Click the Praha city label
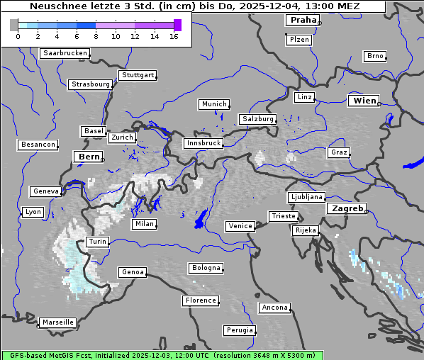coord(303,21)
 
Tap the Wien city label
coord(364,101)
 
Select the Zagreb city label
coord(346,209)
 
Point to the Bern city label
coord(89,157)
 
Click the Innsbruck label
coord(203,143)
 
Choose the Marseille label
coord(57,322)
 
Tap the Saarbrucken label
coord(65,53)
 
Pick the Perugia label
coord(240,330)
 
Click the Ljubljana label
coord(306,197)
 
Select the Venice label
coord(240,226)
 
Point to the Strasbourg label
coord(91,84)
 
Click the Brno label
coord(374,56)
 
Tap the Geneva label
coord(46,191)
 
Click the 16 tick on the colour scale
coord(174,36)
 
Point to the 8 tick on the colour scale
coord(96,36)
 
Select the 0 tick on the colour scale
coord(17,36)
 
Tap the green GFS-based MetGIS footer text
coord(162,355)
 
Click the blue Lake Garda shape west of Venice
coord(201,219)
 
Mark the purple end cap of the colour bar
coord(177,25)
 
